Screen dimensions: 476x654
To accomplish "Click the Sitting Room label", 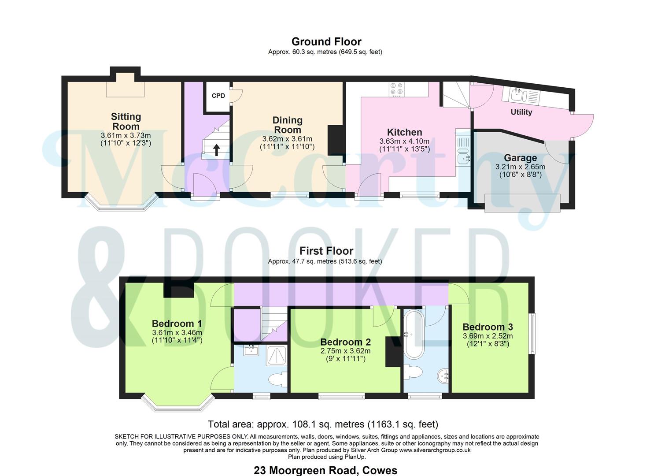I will pyautogui.click(x=126, y=121).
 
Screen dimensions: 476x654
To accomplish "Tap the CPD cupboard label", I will pyautogui.click(x=218, y=96).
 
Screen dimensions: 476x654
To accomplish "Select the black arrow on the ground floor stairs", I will pyautogui.click(x=216, y=150).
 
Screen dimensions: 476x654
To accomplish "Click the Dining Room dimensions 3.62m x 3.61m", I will pyautogui.click(x=287, y=139).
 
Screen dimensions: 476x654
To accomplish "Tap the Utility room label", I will pyautogui.click(x=521, y=112).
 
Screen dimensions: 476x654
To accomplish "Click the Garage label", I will pyautogui.click(x=520, y=158).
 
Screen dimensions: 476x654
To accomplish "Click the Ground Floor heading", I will pyautogui.click(x=326, y=41).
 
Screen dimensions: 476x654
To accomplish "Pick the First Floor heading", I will pyautogui.click(x=326, y=251).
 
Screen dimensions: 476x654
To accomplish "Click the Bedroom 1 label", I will pyautogui.click(x=177, y=324).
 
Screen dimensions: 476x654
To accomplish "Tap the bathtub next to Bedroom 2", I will pyautogui.click(x=414, y=335).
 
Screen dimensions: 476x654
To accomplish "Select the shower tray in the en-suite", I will pyautogui.click(x=277, y=355).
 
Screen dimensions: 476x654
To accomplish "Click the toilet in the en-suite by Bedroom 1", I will pyautogui.click(x=276, y=380).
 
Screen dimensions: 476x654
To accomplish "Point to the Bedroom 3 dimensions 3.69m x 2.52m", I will pyautogui.click(x=488, y=336).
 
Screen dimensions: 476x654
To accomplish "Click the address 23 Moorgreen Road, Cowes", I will pyautogui.click(x=325, y=470).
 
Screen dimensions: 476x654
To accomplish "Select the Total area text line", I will pyautogui.click(x=323, y=424).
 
